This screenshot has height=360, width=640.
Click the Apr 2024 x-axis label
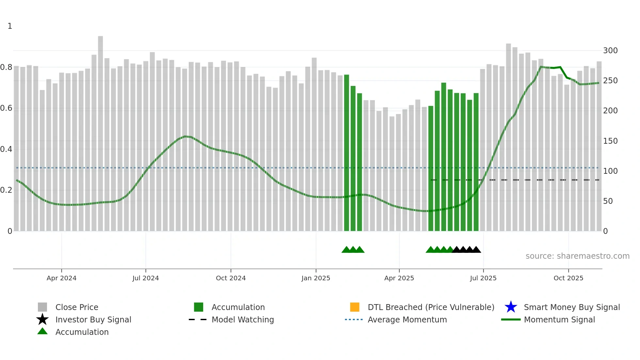pos(61,278)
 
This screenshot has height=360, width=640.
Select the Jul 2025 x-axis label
pos(483,278)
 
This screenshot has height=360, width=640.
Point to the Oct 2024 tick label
pos(231,278)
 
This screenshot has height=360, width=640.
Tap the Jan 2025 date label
pos(316,278)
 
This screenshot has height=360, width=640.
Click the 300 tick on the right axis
pos(610,51)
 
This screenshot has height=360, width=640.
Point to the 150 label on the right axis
pos(610,141)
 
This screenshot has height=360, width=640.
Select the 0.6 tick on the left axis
pos(7,108)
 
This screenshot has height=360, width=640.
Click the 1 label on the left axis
pos(10,26)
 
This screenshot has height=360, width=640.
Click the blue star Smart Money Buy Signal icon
pos(511,307)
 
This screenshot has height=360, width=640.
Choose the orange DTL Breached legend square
pos(355,307)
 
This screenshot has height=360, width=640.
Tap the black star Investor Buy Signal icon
pos(42,319)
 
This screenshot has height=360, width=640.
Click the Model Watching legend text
pos(243,319)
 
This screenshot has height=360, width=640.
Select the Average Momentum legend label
pos(407,319)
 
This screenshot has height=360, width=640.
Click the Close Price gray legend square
pos(42,307)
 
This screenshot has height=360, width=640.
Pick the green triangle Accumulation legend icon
pos(42,331)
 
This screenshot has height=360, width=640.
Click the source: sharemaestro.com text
pos(577,256)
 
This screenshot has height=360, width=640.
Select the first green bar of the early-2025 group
pos(346,154)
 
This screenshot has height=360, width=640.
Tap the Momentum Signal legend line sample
pos(511,319)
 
